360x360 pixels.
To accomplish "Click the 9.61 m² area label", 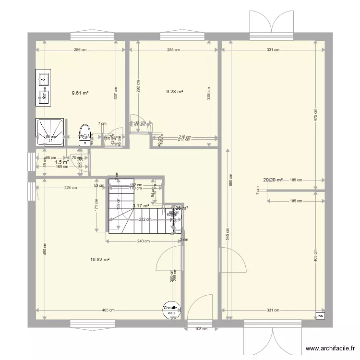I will click(x=80, y=93).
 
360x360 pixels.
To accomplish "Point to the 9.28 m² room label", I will click(x=175, y=91).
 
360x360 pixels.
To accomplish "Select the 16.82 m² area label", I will click(x=100, y=260).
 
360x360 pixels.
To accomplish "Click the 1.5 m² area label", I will click(x=62, y=162).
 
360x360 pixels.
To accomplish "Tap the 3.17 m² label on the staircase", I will click(x=141, y=206).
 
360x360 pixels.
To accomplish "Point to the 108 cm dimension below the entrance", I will click(x=201, y=329).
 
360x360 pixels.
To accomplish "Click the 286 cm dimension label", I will click(x=80, y=49).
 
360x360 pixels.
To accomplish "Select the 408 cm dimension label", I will click(x=315, y=255).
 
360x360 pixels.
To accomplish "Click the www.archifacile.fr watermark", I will click(x=329, y=349).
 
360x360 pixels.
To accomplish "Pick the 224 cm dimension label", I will click(x=70, y=188).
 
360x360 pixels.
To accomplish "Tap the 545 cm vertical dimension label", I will click(x=228, y=234).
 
